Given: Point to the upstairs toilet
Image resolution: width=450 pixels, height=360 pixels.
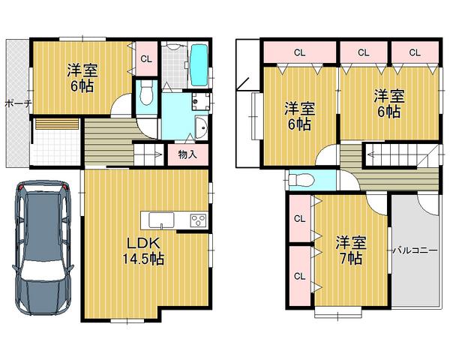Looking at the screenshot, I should (299, 180).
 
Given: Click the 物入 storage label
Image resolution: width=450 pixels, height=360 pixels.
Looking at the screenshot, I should (187, 155).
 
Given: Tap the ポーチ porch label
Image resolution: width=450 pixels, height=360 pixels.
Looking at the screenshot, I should (16, 103).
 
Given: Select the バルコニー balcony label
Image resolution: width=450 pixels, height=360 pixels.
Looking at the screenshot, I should (414, 250).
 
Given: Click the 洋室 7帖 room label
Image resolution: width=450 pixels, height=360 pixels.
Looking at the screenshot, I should (350, 250).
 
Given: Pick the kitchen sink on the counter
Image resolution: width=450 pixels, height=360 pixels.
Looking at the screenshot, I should (161, 219).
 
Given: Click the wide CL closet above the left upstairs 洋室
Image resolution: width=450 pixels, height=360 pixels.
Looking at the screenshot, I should (299, 52).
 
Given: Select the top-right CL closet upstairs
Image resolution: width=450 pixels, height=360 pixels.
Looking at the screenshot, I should (415, 52).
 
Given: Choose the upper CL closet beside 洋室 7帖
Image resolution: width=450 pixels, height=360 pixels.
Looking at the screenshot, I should (299, 218).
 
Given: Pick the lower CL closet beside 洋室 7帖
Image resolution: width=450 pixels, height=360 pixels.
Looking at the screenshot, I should (299, 275).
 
